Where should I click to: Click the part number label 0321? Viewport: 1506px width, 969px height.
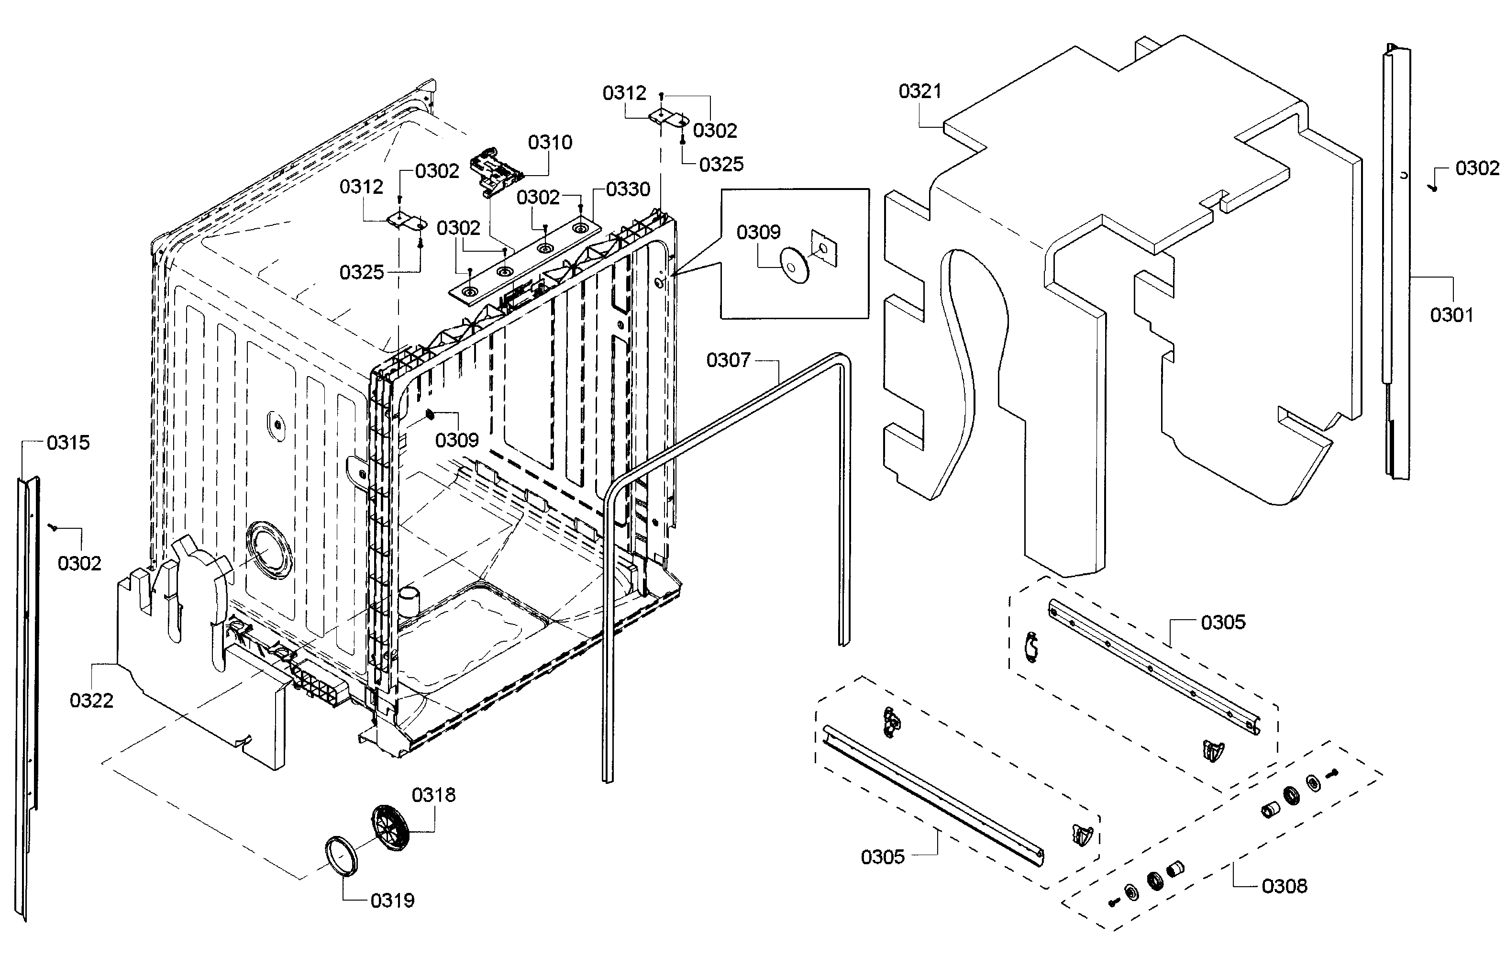(919, 91)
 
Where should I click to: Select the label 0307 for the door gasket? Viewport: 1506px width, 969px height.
(728, 360)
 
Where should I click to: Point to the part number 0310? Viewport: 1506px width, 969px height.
(550, 142)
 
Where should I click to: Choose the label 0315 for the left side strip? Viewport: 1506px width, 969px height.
(68, 442)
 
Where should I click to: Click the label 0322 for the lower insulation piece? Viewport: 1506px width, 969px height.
(91, 701)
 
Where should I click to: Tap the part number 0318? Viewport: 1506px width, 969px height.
(433, 795)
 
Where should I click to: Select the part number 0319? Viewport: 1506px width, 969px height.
(392, 901)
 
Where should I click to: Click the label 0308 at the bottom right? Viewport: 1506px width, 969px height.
(1284, 886)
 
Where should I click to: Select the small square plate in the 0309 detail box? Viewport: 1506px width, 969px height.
(824, 248)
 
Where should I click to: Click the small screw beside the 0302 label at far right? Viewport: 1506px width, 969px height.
(1434, 188)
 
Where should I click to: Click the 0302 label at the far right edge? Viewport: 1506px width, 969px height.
(1477, 168)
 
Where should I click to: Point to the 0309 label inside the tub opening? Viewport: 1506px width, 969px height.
(457, 440)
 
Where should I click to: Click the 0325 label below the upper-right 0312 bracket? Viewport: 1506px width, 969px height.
(721, 164)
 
